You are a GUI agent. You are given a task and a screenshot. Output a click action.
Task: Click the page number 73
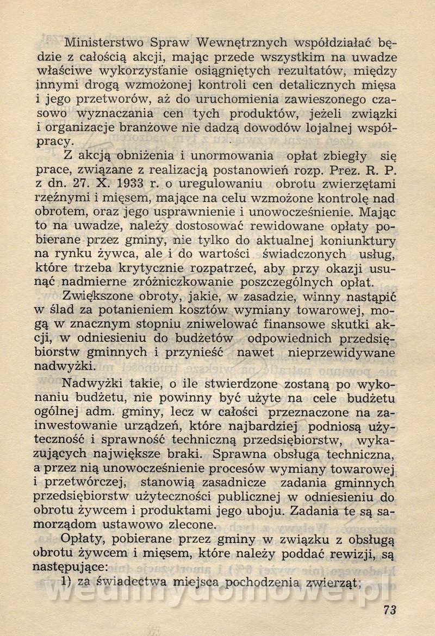[389, 609]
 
